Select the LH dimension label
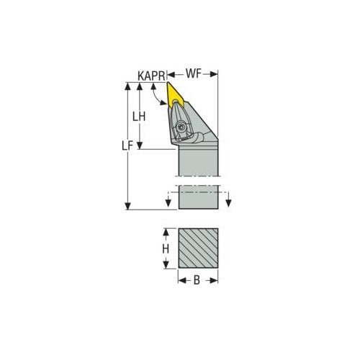[145, 116]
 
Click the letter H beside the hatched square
[165, 248]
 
